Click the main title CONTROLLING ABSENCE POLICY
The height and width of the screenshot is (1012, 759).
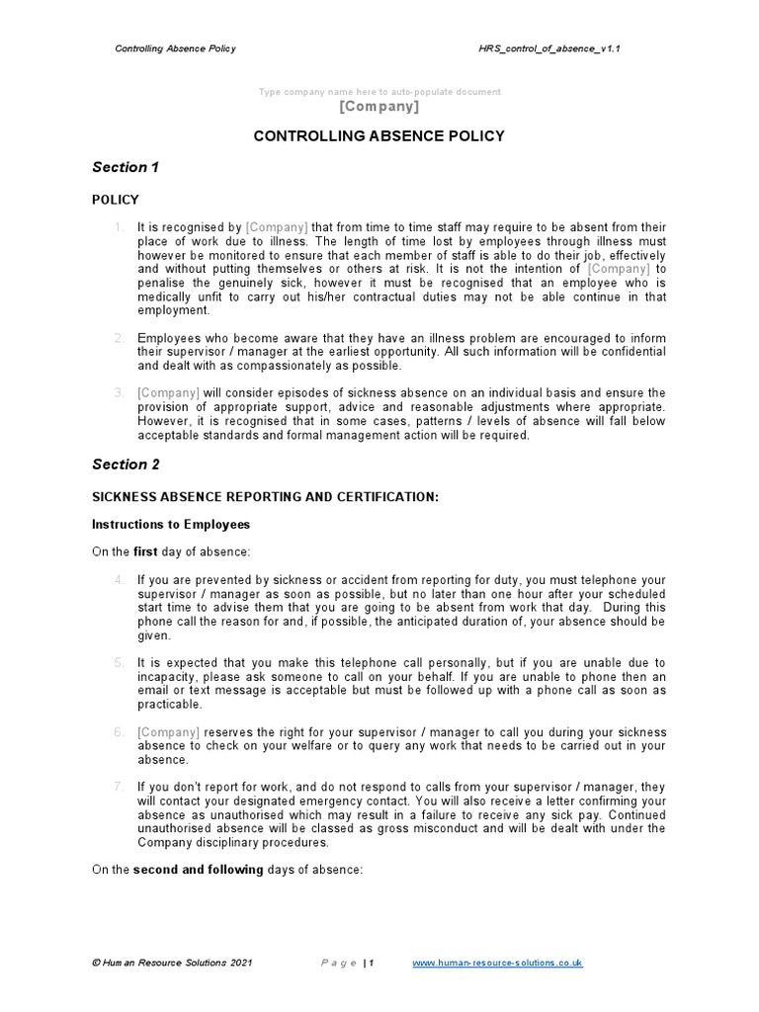tap(379, 136)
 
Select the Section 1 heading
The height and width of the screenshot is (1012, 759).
tap(126, 168)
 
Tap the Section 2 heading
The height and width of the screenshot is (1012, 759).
tap(126, 464)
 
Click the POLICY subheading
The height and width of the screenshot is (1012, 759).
tap(116, 200)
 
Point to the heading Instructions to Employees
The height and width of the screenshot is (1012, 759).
tap(171, 524)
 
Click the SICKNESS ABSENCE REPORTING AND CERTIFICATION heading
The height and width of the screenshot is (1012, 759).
tap(265, 496)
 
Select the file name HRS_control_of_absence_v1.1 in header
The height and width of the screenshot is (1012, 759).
tap(549, 47)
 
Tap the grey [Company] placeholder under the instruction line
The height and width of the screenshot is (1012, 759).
tap(379, 107)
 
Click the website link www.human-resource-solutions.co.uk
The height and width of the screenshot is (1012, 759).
tap(497, 963)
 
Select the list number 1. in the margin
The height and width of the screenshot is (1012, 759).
tap(119, 227)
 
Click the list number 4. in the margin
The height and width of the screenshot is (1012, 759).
tap(119, 580)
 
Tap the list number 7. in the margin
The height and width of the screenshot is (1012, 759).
tap(119, 788)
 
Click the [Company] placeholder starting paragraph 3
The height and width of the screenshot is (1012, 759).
tap(168, 393)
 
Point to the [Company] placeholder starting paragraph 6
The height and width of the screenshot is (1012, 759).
tap(168, 732)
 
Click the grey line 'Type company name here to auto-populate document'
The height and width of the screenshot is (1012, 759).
tap(379, 92)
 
